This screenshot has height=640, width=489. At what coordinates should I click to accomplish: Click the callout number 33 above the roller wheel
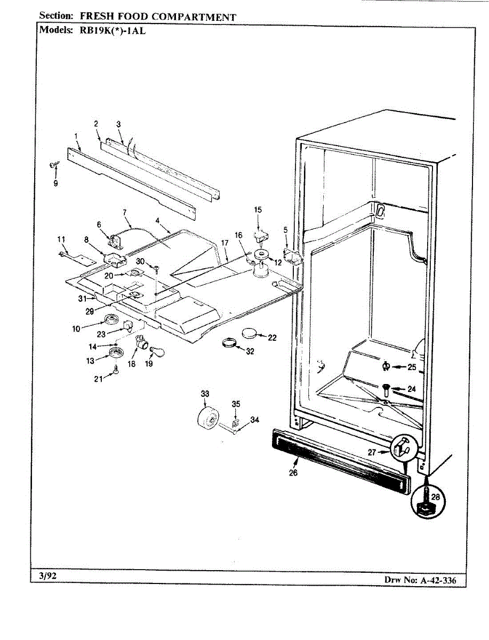(205, 394)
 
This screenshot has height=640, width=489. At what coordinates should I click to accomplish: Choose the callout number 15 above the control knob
(258, 210)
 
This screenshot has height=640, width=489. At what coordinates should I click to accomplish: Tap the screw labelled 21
(117, 371)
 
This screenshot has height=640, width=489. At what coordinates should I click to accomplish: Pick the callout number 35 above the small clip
(236, 404)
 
